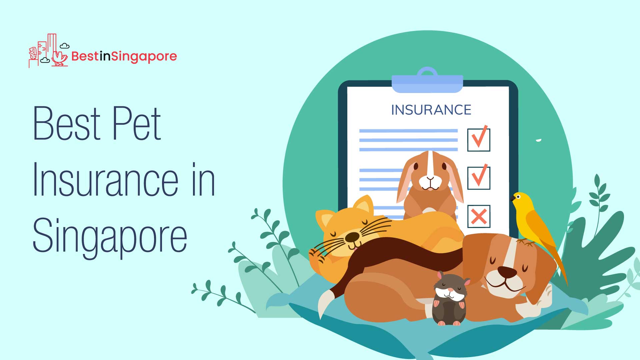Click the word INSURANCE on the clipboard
pyautogui.click(x=431, y=110)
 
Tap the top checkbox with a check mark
pyautogui.click(x=479, y=139)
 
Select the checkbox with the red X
pyautogui.click(x=479, y=216)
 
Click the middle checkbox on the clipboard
pyautogui.click(x=479, y=177)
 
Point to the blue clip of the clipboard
pyautogui.click(x=427, y=81)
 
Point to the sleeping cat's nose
pyautogui.click(x=352, y=237)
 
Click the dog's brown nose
pyautogui.click(x=507, y=272)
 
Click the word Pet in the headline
pyautogui.click(x=137, y=124)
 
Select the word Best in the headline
pyautogui.click(x=67, y=124)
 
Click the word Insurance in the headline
pyautogui.click(x=105, y=180)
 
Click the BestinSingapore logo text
pyautogui.click(x=124, y=56)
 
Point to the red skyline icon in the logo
pyautogui.click(x=49, y=51)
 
